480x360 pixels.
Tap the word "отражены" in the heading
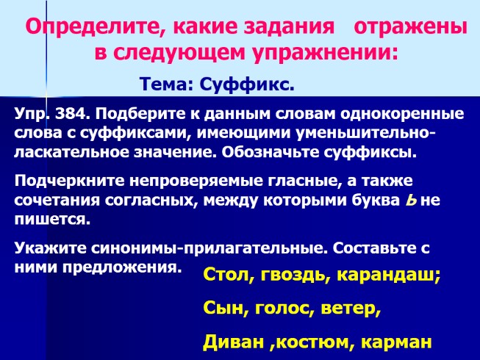410,29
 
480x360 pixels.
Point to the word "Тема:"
165,86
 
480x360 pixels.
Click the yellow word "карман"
397,342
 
